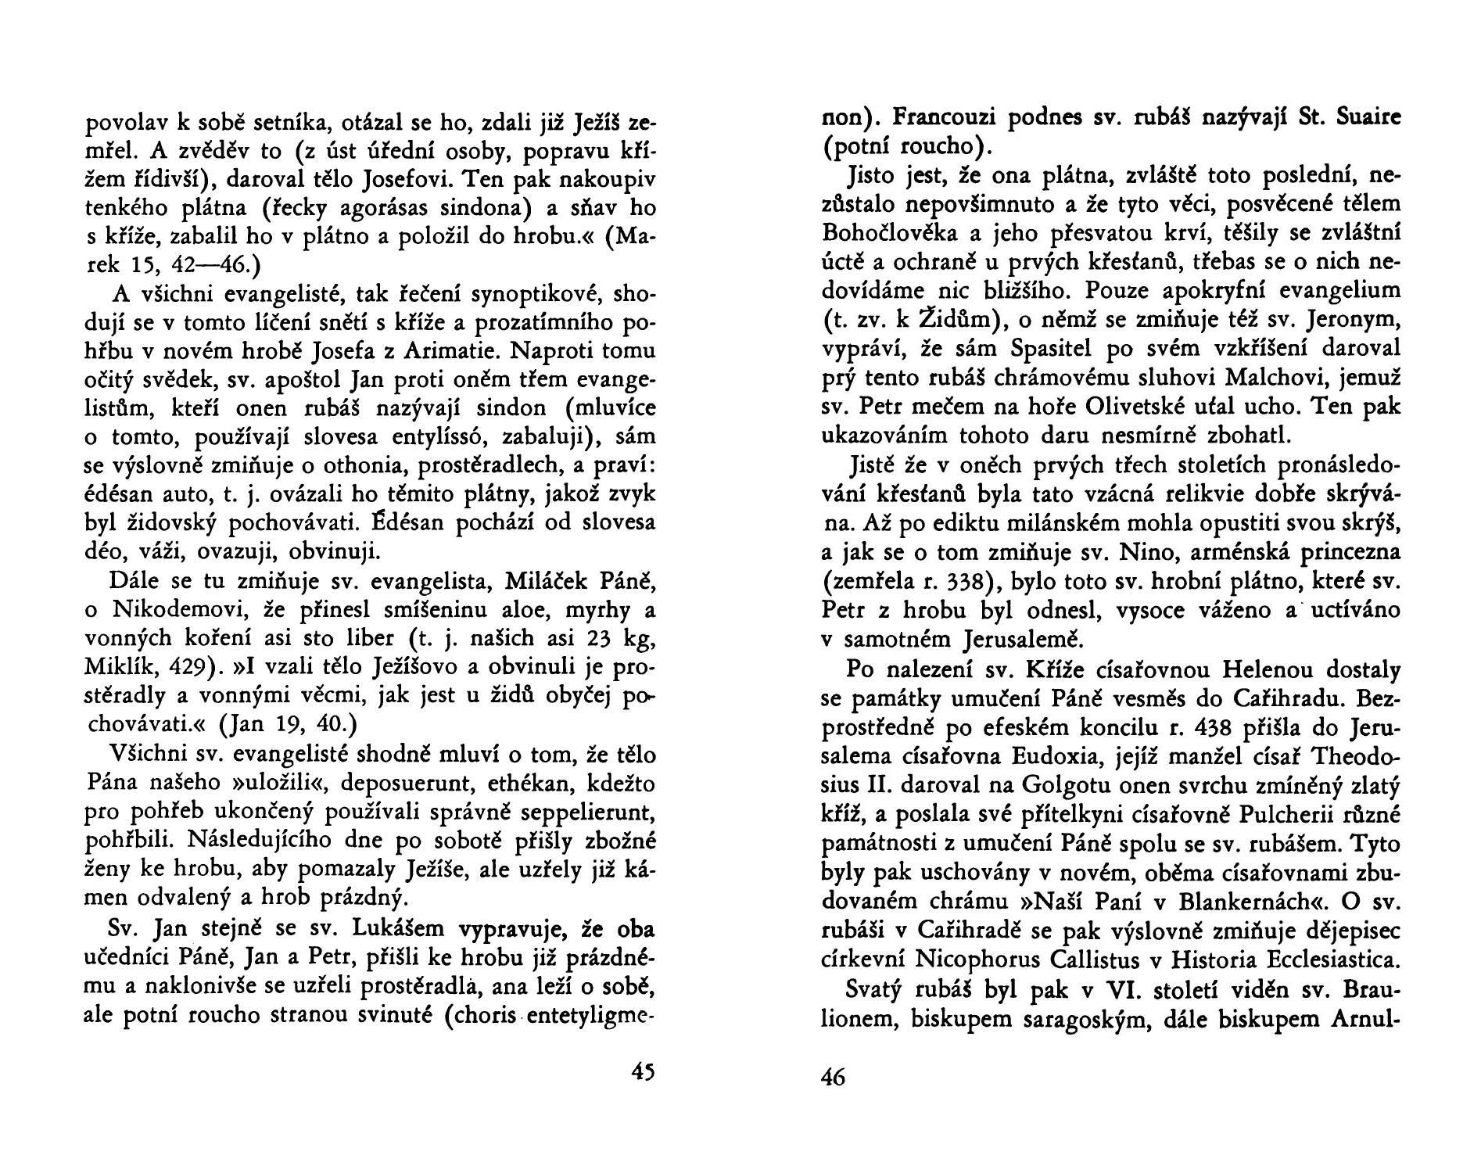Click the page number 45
pos(642,1071)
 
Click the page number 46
pos(834,1077)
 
